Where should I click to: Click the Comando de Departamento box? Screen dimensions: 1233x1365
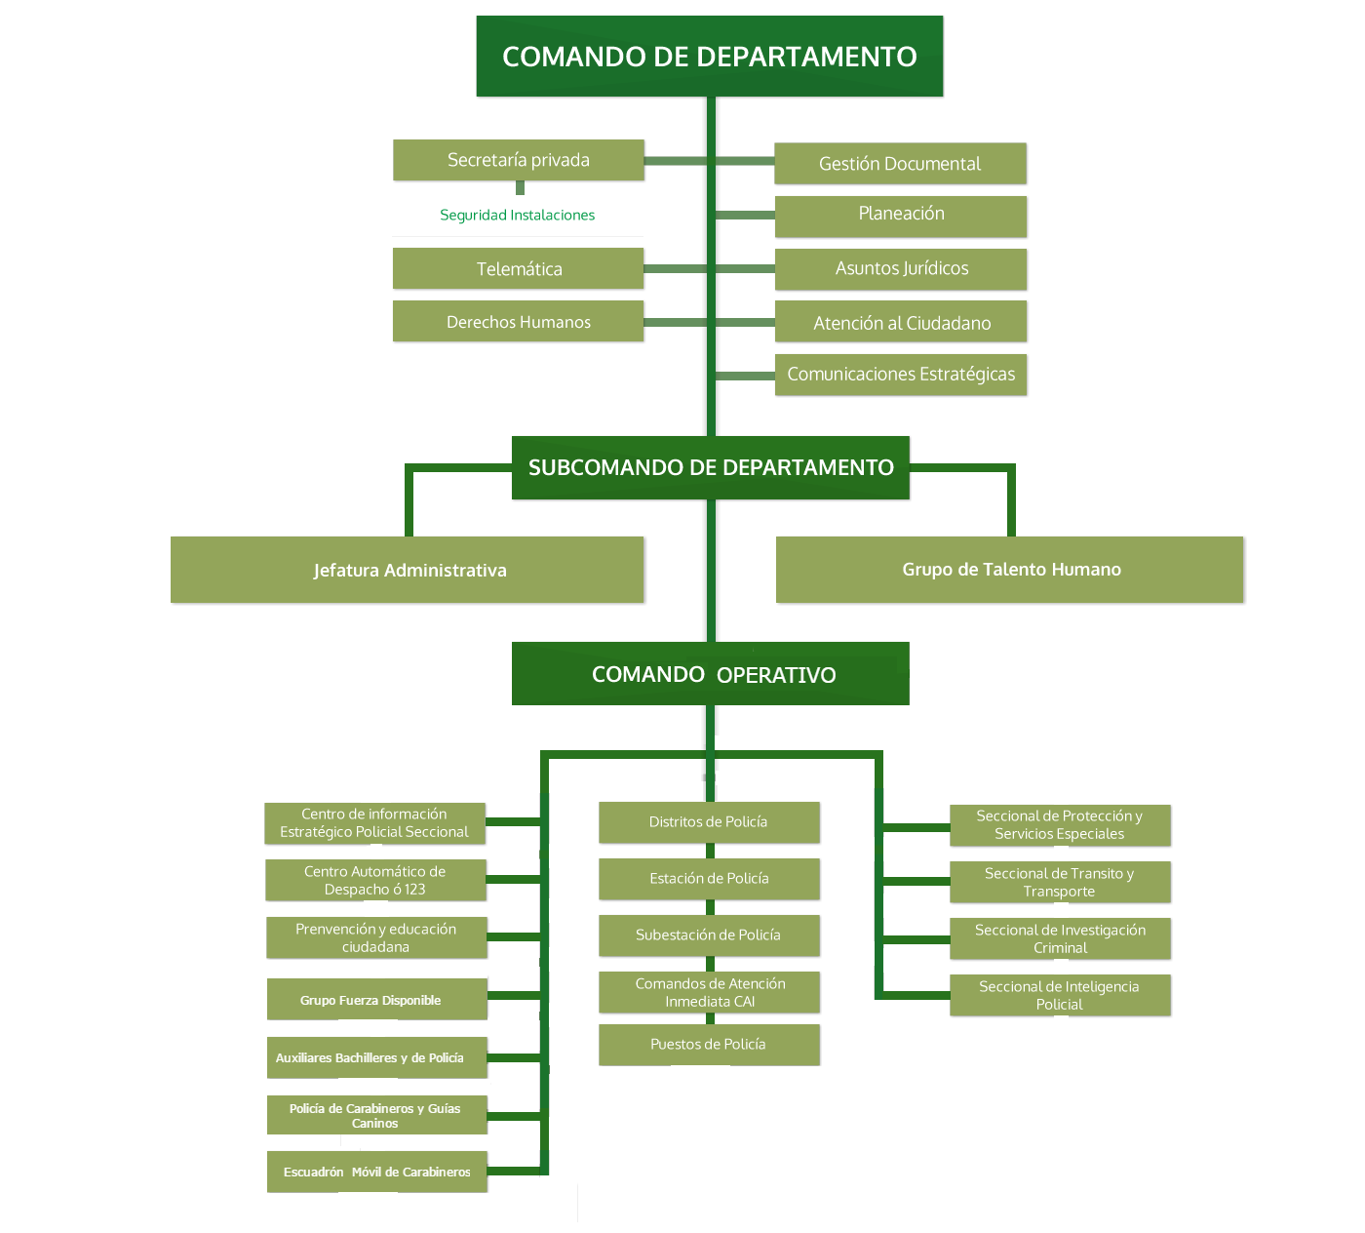[x=709, y=57]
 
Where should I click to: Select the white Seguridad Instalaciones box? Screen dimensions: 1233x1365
[x=518, y=216]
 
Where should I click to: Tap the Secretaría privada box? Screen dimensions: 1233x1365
[x=518, y=160]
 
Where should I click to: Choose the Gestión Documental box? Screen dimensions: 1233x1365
[x=900, y=164]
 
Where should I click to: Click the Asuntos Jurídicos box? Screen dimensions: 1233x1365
[x=901, y=269]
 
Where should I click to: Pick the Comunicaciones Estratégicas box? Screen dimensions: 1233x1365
[x=901, y=375]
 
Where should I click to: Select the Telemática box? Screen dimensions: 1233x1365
[x=518, y=268]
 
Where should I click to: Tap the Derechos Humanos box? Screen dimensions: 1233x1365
[x=518, y=321]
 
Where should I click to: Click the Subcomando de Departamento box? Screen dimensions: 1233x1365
[x=710, y=467]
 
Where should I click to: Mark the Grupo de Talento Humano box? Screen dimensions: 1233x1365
[x=1010, y=570]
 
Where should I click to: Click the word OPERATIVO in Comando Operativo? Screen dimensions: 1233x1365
[x=776, y=675]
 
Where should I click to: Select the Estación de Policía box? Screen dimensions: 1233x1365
[x=709, y=879]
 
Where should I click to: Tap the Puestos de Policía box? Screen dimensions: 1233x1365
[x=709, y=1045]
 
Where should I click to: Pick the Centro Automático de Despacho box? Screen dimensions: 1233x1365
[x=375, y=880]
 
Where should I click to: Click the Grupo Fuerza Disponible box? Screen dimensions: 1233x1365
[x=376, y=1000]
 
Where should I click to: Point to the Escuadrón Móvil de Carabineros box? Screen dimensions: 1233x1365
[x=376, y=1172]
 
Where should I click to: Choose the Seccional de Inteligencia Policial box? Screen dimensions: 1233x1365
[x=1060, y=995]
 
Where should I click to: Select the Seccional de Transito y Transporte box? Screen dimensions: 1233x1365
[x=1060, y=882]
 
